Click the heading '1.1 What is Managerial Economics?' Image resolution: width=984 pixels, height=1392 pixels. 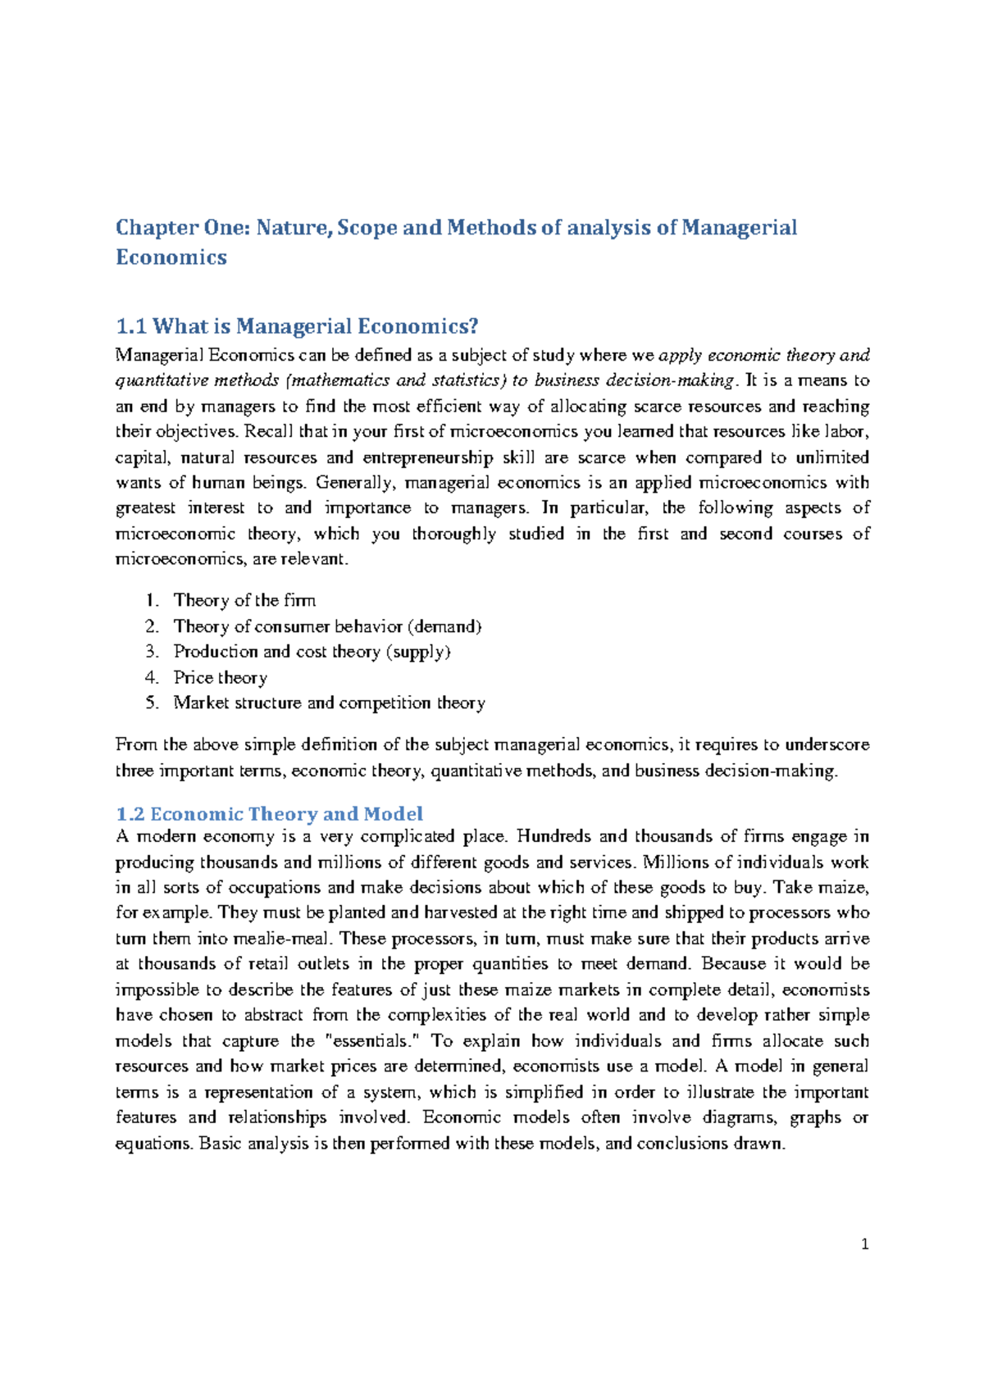point(297,327)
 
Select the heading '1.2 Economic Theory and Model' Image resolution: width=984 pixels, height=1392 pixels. point(270,814)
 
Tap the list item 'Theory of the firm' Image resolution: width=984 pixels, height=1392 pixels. point(244,600)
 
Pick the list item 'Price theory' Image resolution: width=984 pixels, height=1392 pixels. point(221,677)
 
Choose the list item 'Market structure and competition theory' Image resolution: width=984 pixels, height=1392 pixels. point(329,703)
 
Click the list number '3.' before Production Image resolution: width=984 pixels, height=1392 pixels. point(152,652)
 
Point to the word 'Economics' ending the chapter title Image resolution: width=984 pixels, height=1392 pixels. point(171,257)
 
